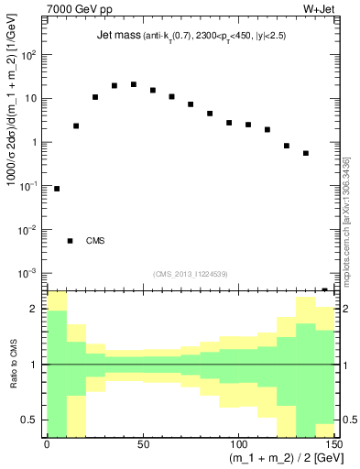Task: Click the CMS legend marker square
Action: pyautogui.click(x=70, y=241)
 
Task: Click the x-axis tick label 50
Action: pyautogui.click(x=142, y=443)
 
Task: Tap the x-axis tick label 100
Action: pyautogui.click(x=237, y=443)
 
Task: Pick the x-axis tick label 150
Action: pyautogui.click(x=332, y=443)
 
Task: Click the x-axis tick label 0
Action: pyautogui.click(x=47, y=443)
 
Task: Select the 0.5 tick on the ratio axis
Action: pyautogui.click(x=33, y=420)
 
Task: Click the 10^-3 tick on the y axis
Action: pyautogui.click(x=31, y=273)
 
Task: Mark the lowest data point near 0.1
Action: pyautogui.click(x=57, y=189)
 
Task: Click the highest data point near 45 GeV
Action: pyautogui.click(x=133, y=84)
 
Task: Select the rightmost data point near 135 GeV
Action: pyautogui.click(x=305, y=153)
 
